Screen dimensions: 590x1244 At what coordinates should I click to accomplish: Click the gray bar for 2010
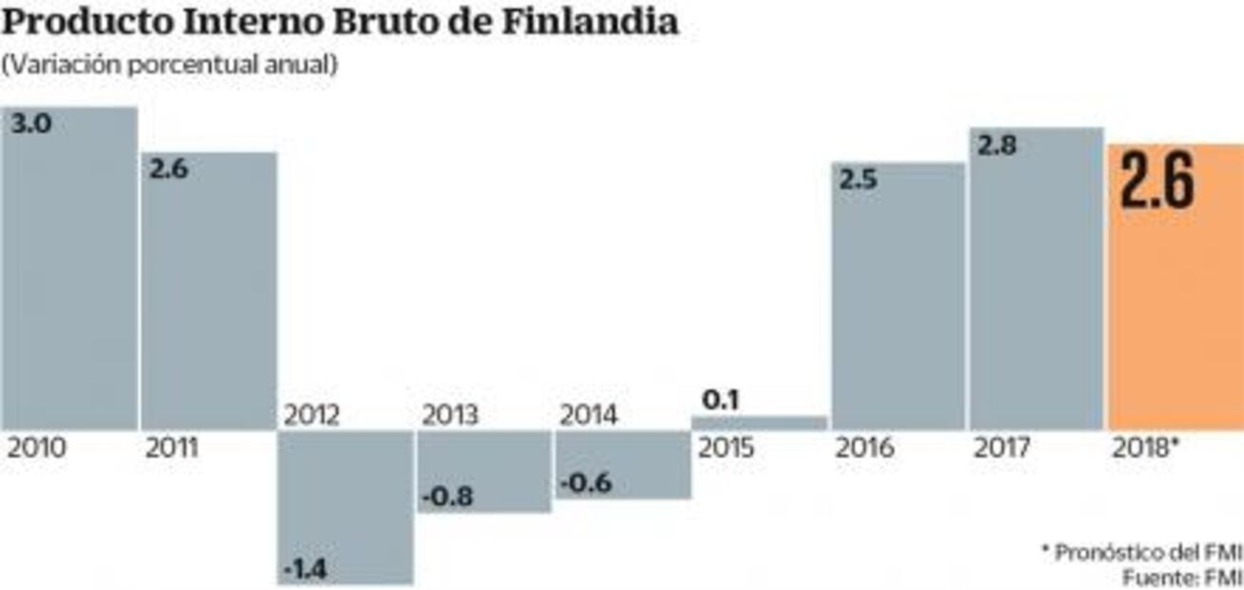coord(68,276)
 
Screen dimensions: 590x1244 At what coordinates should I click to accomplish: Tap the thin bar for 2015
coord(759,423)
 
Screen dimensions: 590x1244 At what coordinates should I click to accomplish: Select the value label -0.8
coord(447,496)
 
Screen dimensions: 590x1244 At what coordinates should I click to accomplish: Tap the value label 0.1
coord(720,400)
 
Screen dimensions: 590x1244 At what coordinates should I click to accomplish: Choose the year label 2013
coord(451,416)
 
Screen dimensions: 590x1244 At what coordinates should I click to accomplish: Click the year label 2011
coord(172,447)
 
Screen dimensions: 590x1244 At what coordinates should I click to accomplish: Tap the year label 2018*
coord(1145,447)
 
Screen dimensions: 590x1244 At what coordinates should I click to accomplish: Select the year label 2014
coord(589,416)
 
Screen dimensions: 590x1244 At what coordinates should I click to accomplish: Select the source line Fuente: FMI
coord(1182,576)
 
